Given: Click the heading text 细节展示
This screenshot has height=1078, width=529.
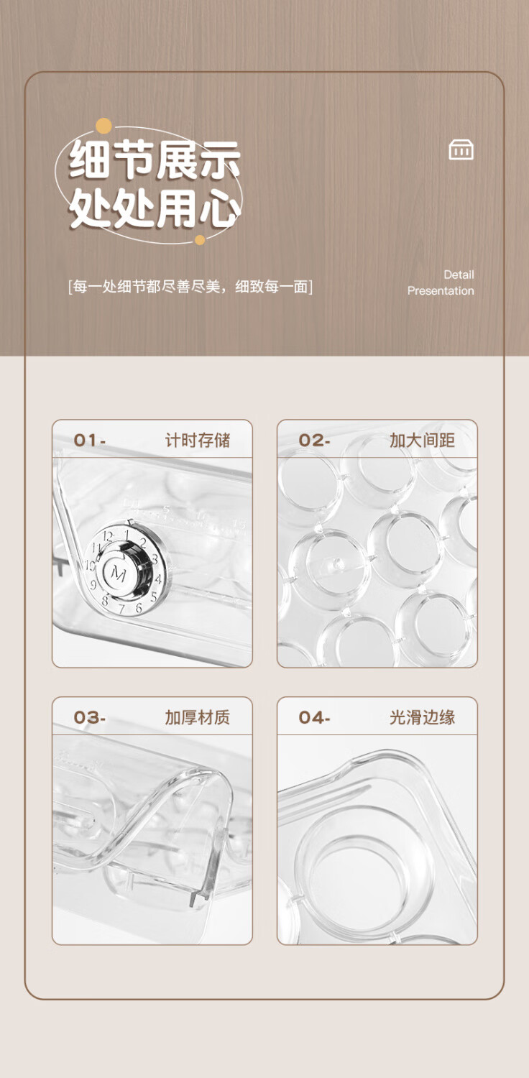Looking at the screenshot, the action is click(x=155, y=160).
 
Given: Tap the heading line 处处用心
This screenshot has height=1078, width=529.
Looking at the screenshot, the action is click(x=155, y=208).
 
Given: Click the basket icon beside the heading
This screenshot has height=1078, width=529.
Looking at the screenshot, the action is click(x=461, y=149).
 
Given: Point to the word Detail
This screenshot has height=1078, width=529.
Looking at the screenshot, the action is click(x=459, y=275).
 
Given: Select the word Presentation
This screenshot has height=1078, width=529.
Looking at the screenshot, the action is click(x=441, y=290).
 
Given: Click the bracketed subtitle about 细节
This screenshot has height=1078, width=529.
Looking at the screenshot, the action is click(x=190, y=287).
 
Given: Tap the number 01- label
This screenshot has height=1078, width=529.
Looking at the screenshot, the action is click(x=90, y=440).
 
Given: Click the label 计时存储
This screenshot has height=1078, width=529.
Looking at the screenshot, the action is click(x=198, y=440).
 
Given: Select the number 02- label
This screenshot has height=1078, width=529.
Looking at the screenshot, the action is click(x=314, y=440).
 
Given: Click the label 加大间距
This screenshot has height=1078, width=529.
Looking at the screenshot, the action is click(x=422, y=440).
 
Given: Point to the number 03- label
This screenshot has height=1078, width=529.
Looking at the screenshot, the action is click(x=90, y=717).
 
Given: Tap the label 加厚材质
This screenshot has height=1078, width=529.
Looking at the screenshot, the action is click(x=198, y=717).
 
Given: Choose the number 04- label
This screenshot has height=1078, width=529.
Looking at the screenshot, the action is click(x=314, y=717).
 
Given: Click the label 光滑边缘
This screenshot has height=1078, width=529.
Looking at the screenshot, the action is click(x=422, y=717).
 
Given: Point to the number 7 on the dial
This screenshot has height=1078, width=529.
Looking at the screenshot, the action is click(x=121, y=609).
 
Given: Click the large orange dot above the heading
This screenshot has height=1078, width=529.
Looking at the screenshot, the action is click(x=103, y=126).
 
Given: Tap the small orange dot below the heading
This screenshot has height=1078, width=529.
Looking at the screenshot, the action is click(x=200, y=239).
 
